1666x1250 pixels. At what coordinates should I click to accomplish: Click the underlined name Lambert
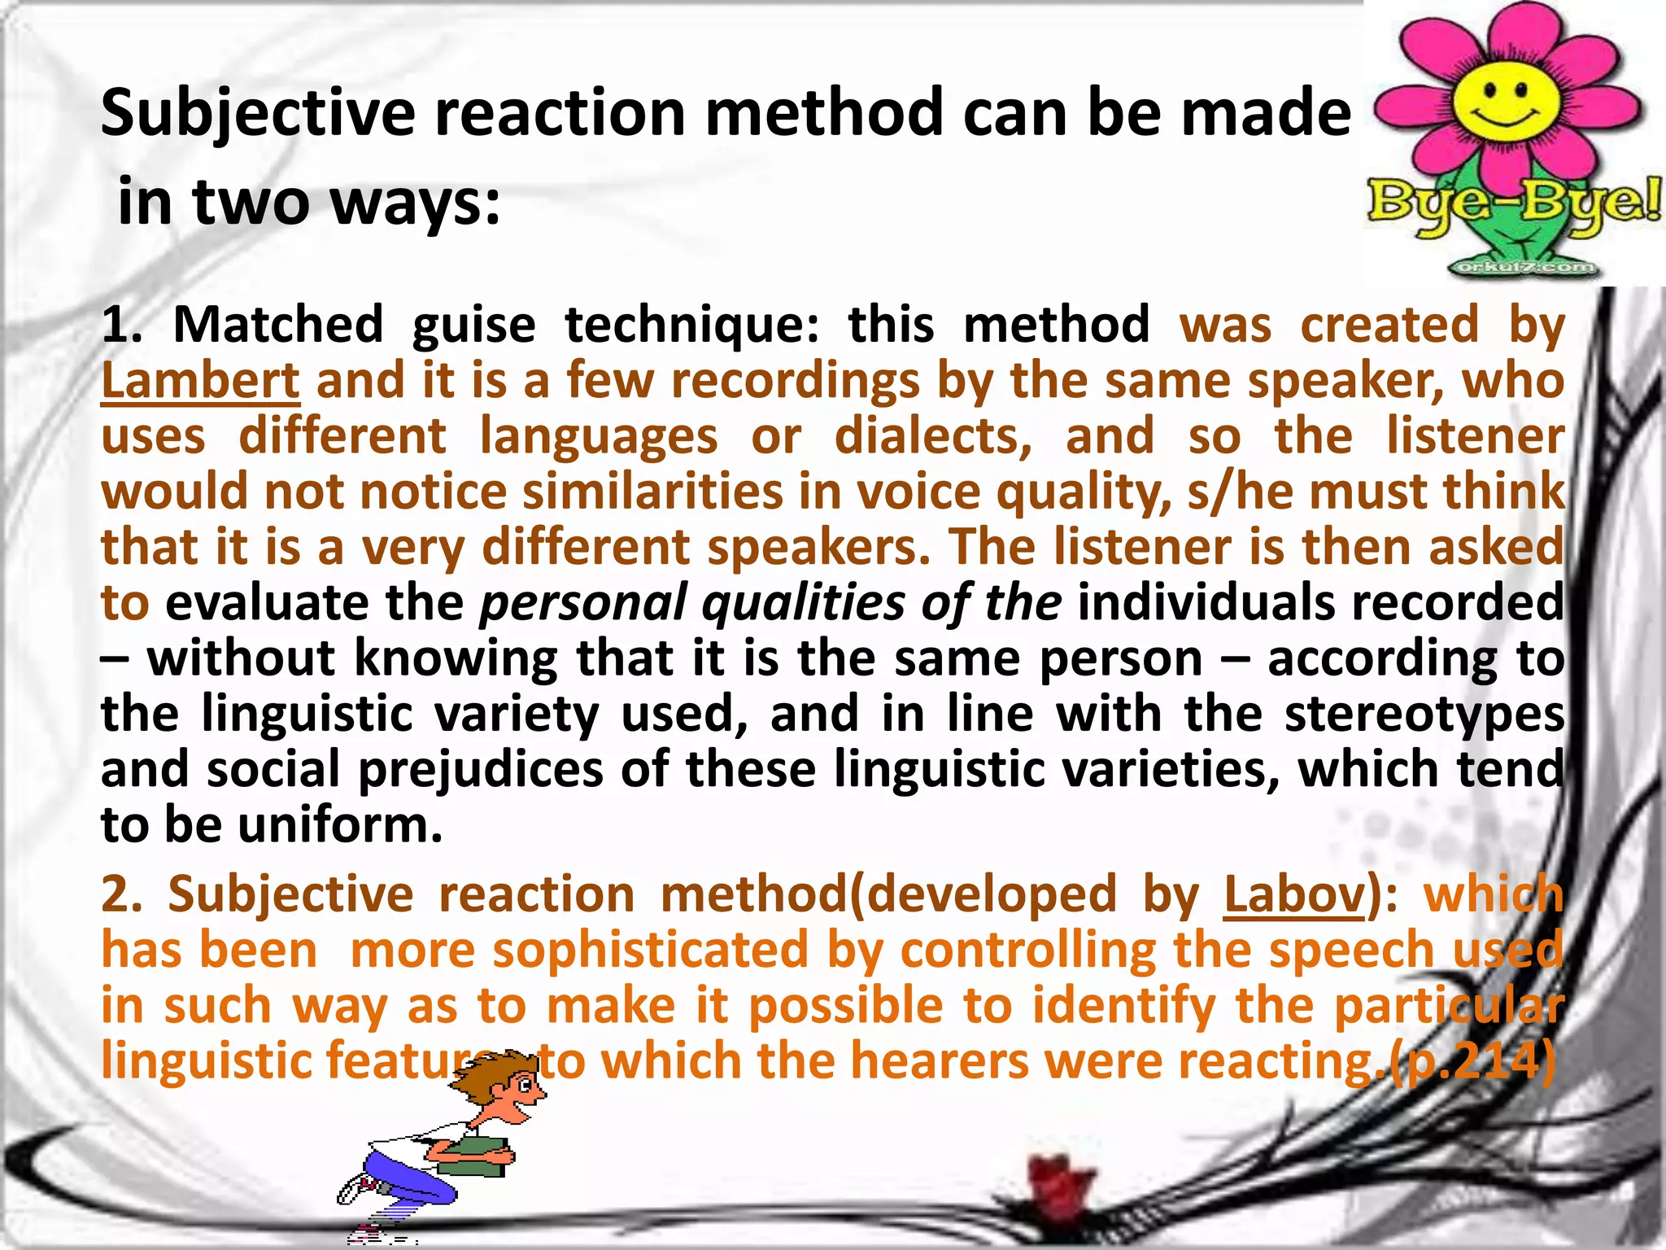click(200, 380)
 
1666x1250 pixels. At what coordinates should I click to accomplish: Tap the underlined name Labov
click(1293, 895)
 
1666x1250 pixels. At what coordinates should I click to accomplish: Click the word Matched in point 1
click(278, 325)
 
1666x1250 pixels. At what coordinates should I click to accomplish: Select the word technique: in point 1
click(692, 325)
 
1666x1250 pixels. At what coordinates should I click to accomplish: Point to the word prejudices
click(480, 770)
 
